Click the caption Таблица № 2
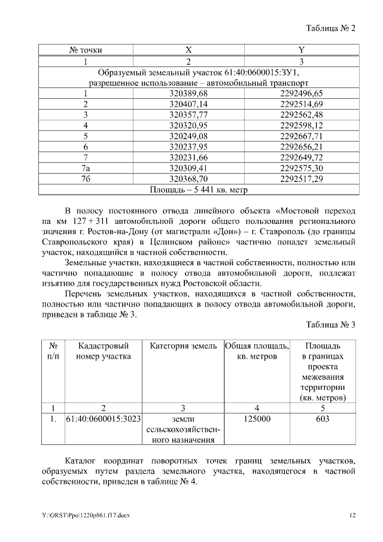tap(330, 29)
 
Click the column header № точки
tap(86, 50)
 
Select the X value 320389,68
tap(189, 93)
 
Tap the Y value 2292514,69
tap(301, 104)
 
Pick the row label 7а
tap(86, 168)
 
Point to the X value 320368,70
tap(189, 179)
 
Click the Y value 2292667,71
tap(301, 136)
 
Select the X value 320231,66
tap(189, 158)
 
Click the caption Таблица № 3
tap(330, 325)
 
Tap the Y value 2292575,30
tap(301, 168)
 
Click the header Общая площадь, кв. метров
tap(257, 351)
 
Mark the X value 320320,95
tap(189, 125)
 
